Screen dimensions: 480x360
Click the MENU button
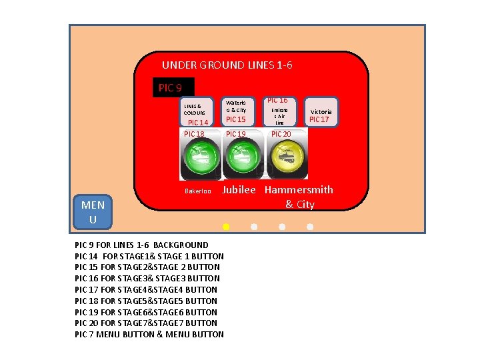93,212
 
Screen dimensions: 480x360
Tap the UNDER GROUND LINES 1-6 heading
227,65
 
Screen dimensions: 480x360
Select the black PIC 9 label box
173,87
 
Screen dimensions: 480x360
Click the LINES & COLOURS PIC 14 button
197,113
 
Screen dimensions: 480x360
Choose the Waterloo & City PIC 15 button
236,111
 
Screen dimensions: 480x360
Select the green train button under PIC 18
201,158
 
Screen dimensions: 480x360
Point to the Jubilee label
239,190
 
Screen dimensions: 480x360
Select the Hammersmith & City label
299,197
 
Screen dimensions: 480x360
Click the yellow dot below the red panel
226,227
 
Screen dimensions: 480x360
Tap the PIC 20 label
281,134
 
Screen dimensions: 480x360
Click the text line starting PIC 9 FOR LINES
141,245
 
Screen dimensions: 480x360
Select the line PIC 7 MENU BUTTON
149,334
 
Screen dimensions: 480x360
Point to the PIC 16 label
277,100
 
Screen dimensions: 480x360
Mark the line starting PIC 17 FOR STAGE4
146,289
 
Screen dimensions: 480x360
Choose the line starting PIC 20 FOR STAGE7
146,323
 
